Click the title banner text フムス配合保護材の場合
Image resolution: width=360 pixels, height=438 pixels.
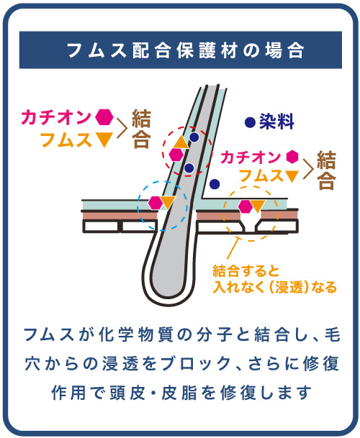[186, 50]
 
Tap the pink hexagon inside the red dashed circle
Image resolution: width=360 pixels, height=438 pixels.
[176, 155]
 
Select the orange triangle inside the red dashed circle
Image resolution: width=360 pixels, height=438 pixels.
[181, 142]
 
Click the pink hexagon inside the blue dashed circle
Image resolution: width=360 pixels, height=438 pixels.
[155, 203]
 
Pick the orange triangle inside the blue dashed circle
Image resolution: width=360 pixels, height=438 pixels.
[168, 202]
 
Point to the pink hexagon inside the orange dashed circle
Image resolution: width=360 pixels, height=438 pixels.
[245, 206]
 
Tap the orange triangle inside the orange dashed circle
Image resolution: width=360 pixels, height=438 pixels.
[258, 206]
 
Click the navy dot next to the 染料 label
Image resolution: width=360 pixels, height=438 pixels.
[250, 122]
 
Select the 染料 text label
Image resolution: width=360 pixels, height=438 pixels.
[276, 122]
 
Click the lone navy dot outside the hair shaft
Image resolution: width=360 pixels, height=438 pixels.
[215, 184]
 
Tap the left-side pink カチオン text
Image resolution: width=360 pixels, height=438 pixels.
[56, 117]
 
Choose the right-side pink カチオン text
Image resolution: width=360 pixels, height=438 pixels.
[251, 158]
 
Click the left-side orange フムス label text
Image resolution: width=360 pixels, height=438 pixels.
[66, 140]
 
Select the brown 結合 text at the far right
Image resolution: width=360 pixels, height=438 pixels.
[326, 170]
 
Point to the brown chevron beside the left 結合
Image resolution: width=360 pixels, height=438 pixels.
[122, 128]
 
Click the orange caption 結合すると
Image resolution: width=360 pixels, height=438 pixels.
[246, 270]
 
